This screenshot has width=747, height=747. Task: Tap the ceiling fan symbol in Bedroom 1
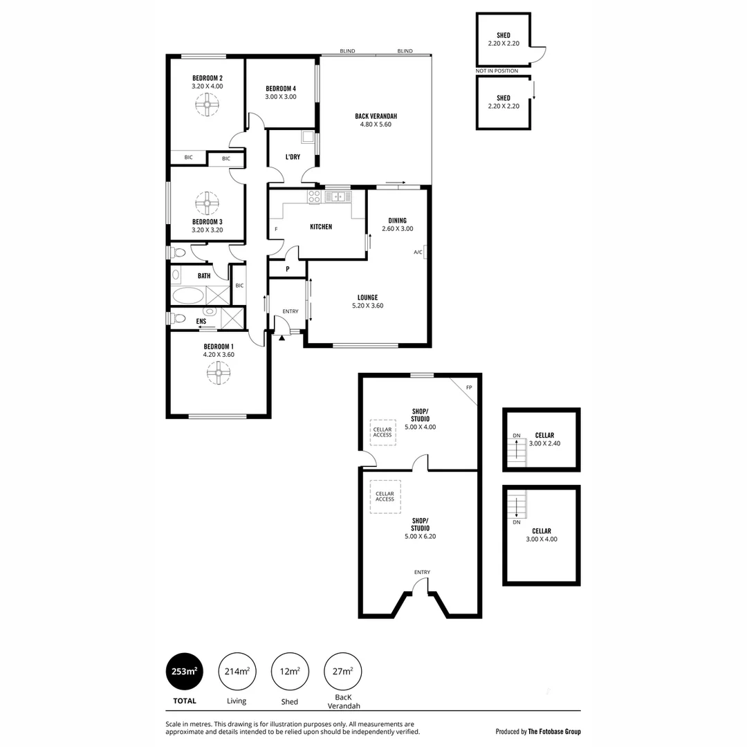tap(218, 374)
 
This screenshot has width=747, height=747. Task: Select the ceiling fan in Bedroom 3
tap(207, 204)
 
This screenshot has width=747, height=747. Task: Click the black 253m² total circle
tap(184, 672)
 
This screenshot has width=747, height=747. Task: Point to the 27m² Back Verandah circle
tap(343, 672)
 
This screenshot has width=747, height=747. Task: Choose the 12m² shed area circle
tap(290, 672)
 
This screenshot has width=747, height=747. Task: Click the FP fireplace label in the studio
tap(469, 387)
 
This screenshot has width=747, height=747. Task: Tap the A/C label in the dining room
tap(418, 252)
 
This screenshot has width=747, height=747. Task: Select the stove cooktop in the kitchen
tap(314, 196)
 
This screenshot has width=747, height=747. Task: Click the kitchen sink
tap(338, 196)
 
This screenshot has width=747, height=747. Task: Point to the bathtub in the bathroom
tap(188, 296)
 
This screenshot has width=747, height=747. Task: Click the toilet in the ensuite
tap(178, 318)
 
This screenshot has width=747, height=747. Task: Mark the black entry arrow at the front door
tap(282, 338)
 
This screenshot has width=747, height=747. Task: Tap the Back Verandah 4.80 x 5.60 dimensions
tap(376, 125)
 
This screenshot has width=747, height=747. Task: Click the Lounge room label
tap(367, 297)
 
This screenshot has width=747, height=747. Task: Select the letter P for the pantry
tap(287, 269)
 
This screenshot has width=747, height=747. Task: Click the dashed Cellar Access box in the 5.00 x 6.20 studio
tap(385, 497)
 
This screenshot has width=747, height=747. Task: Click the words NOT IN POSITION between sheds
tap(497, 71)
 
